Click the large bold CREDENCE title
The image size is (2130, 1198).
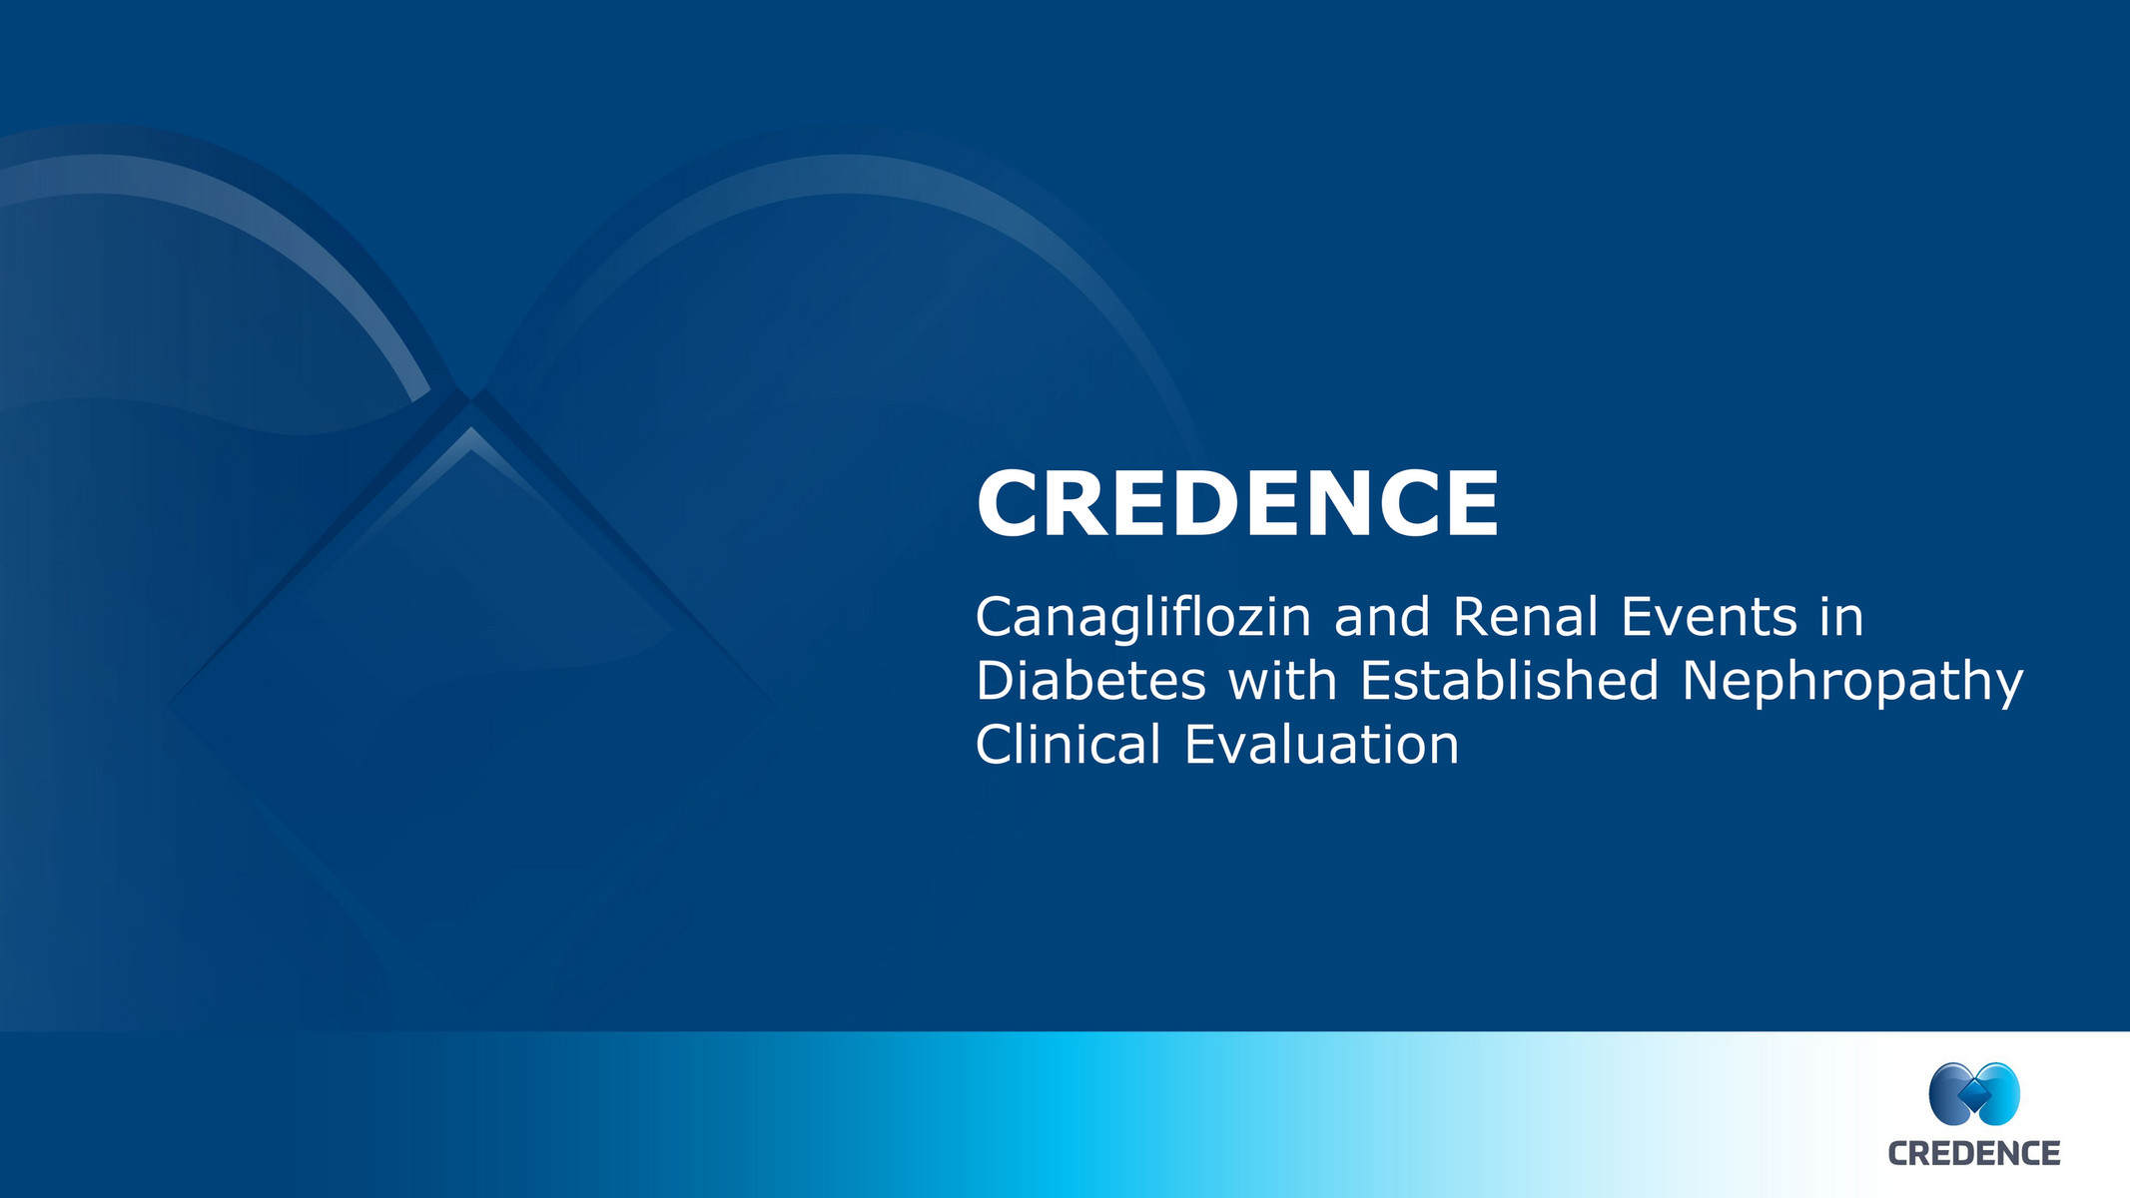(x=1237, y=504)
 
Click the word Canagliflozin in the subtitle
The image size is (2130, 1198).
(x=1142, y=618)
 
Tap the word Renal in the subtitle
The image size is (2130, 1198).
(x=1525, y=617)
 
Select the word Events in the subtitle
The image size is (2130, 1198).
(x=1709, y=617)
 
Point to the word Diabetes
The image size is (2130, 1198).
(x=1090, y=681)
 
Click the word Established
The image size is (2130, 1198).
(x=1509, y=681)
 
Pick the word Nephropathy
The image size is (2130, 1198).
(x=1852, y=683)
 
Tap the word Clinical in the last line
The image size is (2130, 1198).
(x=1067, y=745)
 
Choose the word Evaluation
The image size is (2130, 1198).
(x=1321, y=745)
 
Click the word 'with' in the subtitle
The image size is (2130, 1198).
(x=1282, y=681)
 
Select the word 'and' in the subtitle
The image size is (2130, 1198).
(x=1381, y=617)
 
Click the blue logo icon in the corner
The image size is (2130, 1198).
(x=1974, y=1094)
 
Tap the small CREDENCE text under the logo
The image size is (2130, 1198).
(x=1974, y=1154)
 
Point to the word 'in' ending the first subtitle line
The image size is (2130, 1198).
(x=1841, y=617)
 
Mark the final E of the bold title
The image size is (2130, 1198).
(x=1472, y=504)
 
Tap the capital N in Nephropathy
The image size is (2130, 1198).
(x=1702, y=681)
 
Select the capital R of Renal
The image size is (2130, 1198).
(x=1471, y=617)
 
